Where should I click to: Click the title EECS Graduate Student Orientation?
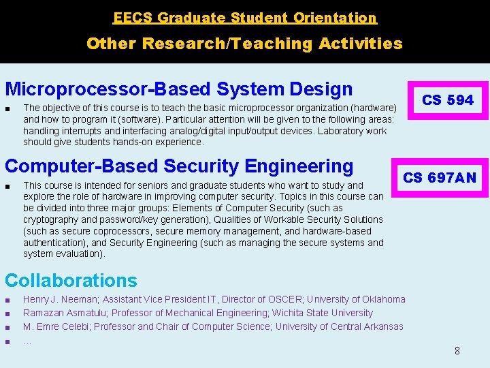(244, 18)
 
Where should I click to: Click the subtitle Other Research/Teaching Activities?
(244, 44)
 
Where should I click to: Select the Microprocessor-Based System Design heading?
(178, 89)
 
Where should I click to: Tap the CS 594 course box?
(447, 100)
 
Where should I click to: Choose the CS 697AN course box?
(440, 179)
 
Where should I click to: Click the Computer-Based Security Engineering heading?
(179, 166)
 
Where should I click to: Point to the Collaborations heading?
(71, 281)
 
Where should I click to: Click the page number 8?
(457, 351)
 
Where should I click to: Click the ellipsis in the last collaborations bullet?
(27, 340)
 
